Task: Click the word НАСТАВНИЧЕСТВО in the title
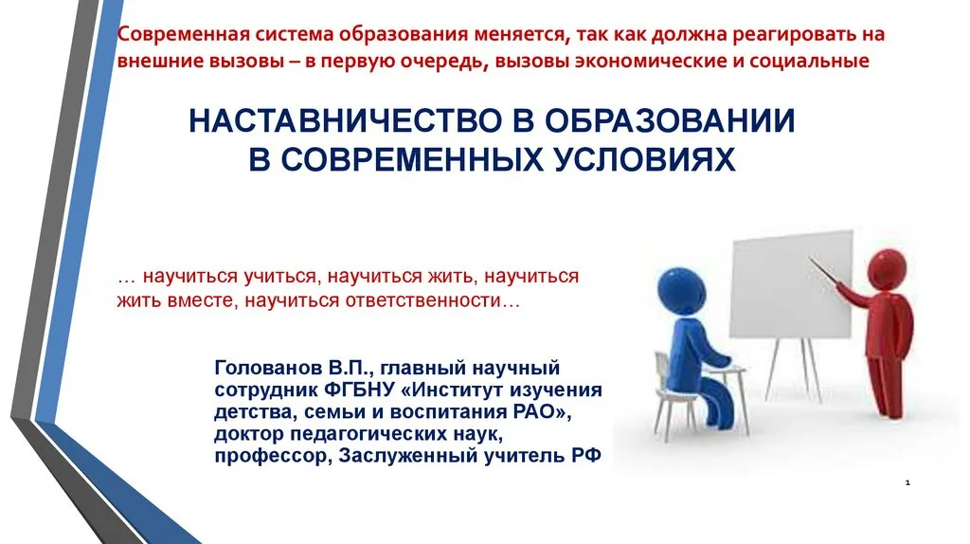(346, 120)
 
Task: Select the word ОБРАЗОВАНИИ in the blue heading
(670, 120)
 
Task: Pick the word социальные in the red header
(809, 61)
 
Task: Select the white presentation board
(791, 285)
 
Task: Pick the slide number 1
(907, 482)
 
